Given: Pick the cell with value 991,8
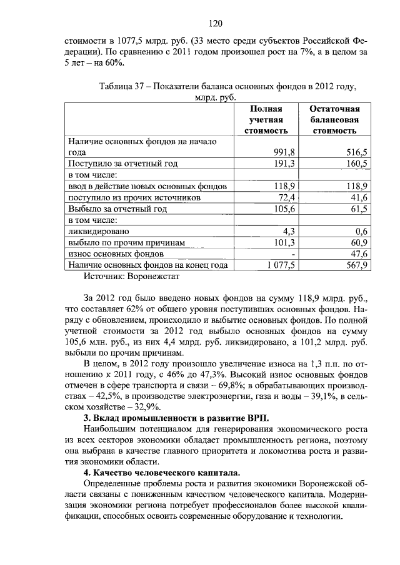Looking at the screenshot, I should pyautogui.click(x=284, y=152).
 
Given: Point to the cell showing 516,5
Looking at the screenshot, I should pyautogui.click(x=358, y=152).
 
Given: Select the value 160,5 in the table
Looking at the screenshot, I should pyautogui.click(x=358, y=164).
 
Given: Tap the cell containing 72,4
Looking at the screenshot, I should pyautogui.click(x=287, y=197).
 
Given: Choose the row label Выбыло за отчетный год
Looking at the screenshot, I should pyautogui.click(x=117, y=209).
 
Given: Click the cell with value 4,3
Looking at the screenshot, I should pyautogui.click(x=289, y=231).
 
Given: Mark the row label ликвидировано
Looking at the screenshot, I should pyautogui.click(x=99, y=231).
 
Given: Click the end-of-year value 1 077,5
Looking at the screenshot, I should pyautogui.click(x=281, y=265).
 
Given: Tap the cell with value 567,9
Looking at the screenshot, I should pyautogui.click(x=358, y=265).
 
